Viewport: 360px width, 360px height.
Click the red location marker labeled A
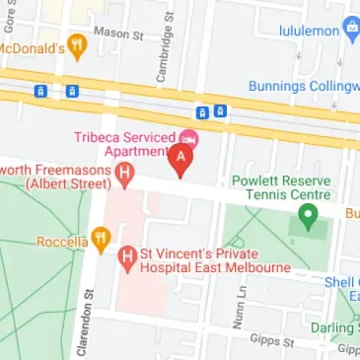(180, 158)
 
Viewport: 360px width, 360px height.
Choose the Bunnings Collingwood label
(305, 86)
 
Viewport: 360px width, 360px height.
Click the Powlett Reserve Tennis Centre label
(280, 188)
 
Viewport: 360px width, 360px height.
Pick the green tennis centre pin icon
(307, 218)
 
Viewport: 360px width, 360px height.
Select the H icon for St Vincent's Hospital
(125, 259)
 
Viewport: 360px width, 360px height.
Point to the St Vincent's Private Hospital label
(213, 260)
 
